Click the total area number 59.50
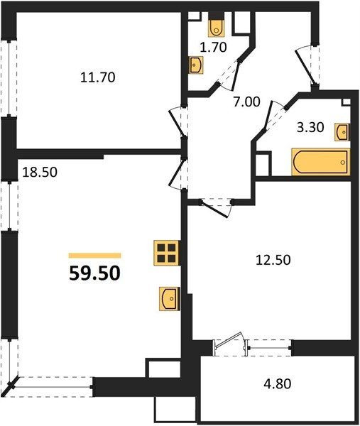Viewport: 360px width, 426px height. [x=94, y=273]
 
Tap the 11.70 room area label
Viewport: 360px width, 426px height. [x=98, y=77]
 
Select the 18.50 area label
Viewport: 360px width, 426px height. [x=40, y=173]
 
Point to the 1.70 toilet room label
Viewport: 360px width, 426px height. [x=213, y=48]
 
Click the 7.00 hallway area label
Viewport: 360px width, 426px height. [x=246, y=102]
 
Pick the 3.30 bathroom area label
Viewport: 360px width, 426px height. [x=310, y=127]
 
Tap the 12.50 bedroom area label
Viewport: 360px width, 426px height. [x=273, y=260]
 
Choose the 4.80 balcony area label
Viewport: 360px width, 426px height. [x=278, y=384]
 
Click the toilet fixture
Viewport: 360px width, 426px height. [x=217, y=25]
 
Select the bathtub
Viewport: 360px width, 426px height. [x=321, y=162]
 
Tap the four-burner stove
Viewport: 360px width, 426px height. [x=166, y=253]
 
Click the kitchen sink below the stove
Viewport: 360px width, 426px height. [x=170, y=298]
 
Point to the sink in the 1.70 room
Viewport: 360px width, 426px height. [x=197, y=65]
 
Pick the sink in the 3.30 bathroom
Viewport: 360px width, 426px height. [x=342, y=132]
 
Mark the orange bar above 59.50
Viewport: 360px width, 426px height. [x=95, y=256]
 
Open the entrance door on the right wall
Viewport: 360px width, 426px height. [x=306, y=66]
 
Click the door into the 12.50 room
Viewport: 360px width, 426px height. [x=217, y=209]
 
